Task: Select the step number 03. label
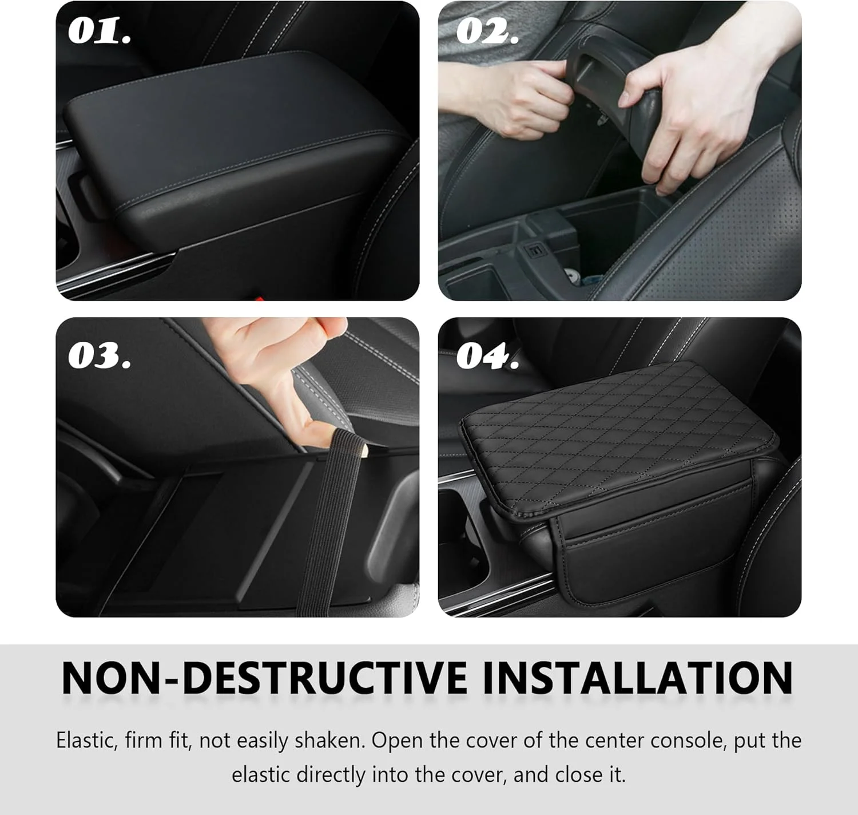tap(99, 356)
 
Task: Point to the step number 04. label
tap(487, 356)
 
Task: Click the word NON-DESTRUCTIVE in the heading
tap(264, 678)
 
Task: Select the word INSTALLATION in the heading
tap(638, 678)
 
